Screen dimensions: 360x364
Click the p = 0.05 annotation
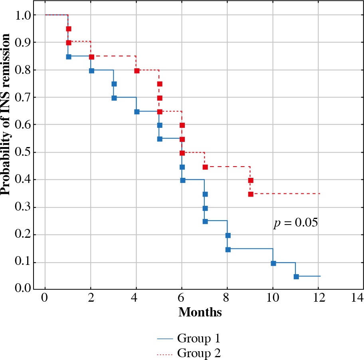point(295,223)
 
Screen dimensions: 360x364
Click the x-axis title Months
point(200,312)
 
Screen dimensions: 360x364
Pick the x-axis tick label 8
point(227,298)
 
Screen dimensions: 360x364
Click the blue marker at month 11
point(296,276)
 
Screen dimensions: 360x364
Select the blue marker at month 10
point(273,263)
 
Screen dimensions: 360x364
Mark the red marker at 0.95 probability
point(69,29)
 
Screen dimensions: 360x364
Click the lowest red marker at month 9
point(251,194)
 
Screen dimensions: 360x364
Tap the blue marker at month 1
point(69,56)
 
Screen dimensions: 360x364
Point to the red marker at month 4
point(137,71)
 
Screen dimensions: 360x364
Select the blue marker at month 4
point(137,112)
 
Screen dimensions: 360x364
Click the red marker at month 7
point(205,167)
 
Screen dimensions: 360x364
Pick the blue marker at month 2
point(91,71)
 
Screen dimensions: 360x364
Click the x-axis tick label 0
point(45,298)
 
